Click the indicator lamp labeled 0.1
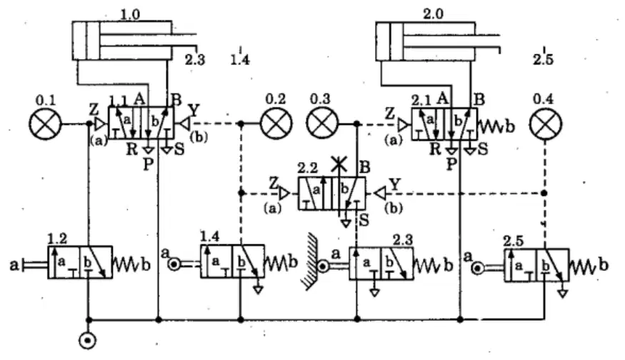point(46,124)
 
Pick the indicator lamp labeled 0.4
point(546,124)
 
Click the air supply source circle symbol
point(88,341)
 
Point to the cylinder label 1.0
point(130,15)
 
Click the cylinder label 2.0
point(434,14)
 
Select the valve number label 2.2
point(308,169)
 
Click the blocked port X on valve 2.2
point(339,164)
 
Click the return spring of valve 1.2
point(126,264)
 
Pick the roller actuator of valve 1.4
point(174,264)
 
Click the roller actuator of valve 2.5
point(478,269)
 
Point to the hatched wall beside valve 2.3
point(309,262)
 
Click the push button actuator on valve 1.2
point(34,264)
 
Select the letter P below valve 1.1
point(149,164)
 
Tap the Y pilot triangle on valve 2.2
point(381,194)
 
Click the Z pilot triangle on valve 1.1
point(101,124)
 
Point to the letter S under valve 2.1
point(483,149)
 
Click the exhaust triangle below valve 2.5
point(562,294)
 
